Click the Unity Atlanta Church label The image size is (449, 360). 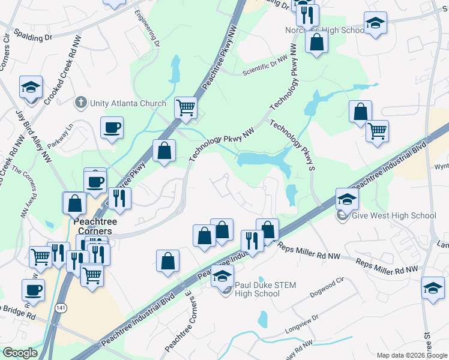coord(128,103)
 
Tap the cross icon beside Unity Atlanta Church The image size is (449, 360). coord(81,103)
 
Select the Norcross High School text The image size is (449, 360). coord(325,30)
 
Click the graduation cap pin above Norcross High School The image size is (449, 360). coord(375,23)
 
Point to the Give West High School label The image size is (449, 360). coord(394,216)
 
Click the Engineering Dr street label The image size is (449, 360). coord(148,28)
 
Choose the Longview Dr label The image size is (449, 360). coord(309,326)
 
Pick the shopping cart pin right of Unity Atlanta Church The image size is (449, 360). coord(186,108)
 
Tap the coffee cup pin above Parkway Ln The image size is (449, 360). coord(112,127)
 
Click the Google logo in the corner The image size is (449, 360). coord(20,353)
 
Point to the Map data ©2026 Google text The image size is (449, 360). coord(411,355)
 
